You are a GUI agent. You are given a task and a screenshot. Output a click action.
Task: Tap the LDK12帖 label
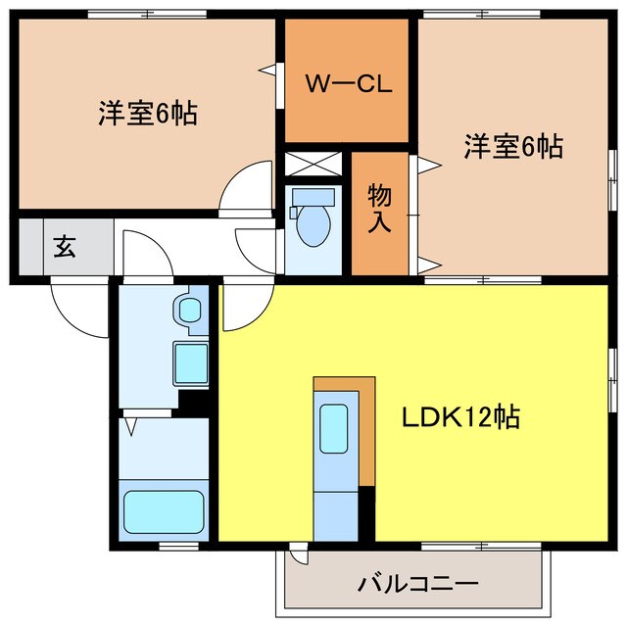click(459, 418)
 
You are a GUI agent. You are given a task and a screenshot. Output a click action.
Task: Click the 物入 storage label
click(379, 209)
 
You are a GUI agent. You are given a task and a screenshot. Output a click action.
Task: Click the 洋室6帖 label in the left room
click(147, 114)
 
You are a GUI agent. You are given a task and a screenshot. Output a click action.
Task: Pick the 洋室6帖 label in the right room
click(513, 147)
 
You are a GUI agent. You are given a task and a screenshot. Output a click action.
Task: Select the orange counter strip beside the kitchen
click(366, 431)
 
